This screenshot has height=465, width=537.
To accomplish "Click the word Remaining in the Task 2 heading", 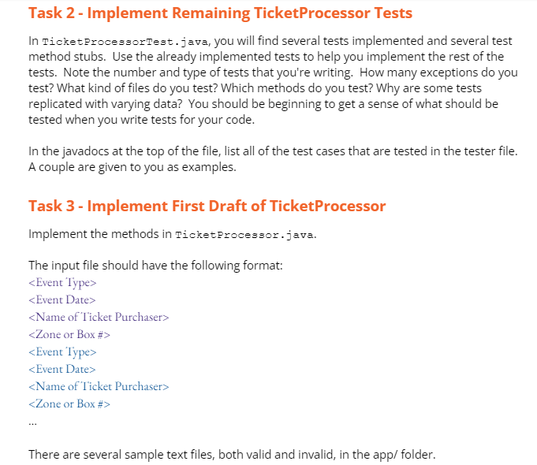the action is [211, 13].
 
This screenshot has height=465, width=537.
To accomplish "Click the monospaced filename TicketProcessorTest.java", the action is [125, 42].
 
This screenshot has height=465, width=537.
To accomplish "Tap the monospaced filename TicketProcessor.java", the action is [244, 235].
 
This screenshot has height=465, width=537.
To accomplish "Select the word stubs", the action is [90, 57].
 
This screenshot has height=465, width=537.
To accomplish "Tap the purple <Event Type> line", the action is [62, 283].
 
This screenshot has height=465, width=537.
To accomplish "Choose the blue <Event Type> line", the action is [62, 352].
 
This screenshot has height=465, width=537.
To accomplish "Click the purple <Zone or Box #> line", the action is [69, 334].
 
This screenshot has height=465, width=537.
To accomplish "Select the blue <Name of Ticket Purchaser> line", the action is [99, 387].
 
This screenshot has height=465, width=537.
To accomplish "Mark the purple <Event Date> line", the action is [62, 300].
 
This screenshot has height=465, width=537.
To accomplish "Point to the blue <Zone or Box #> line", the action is [69, 404].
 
